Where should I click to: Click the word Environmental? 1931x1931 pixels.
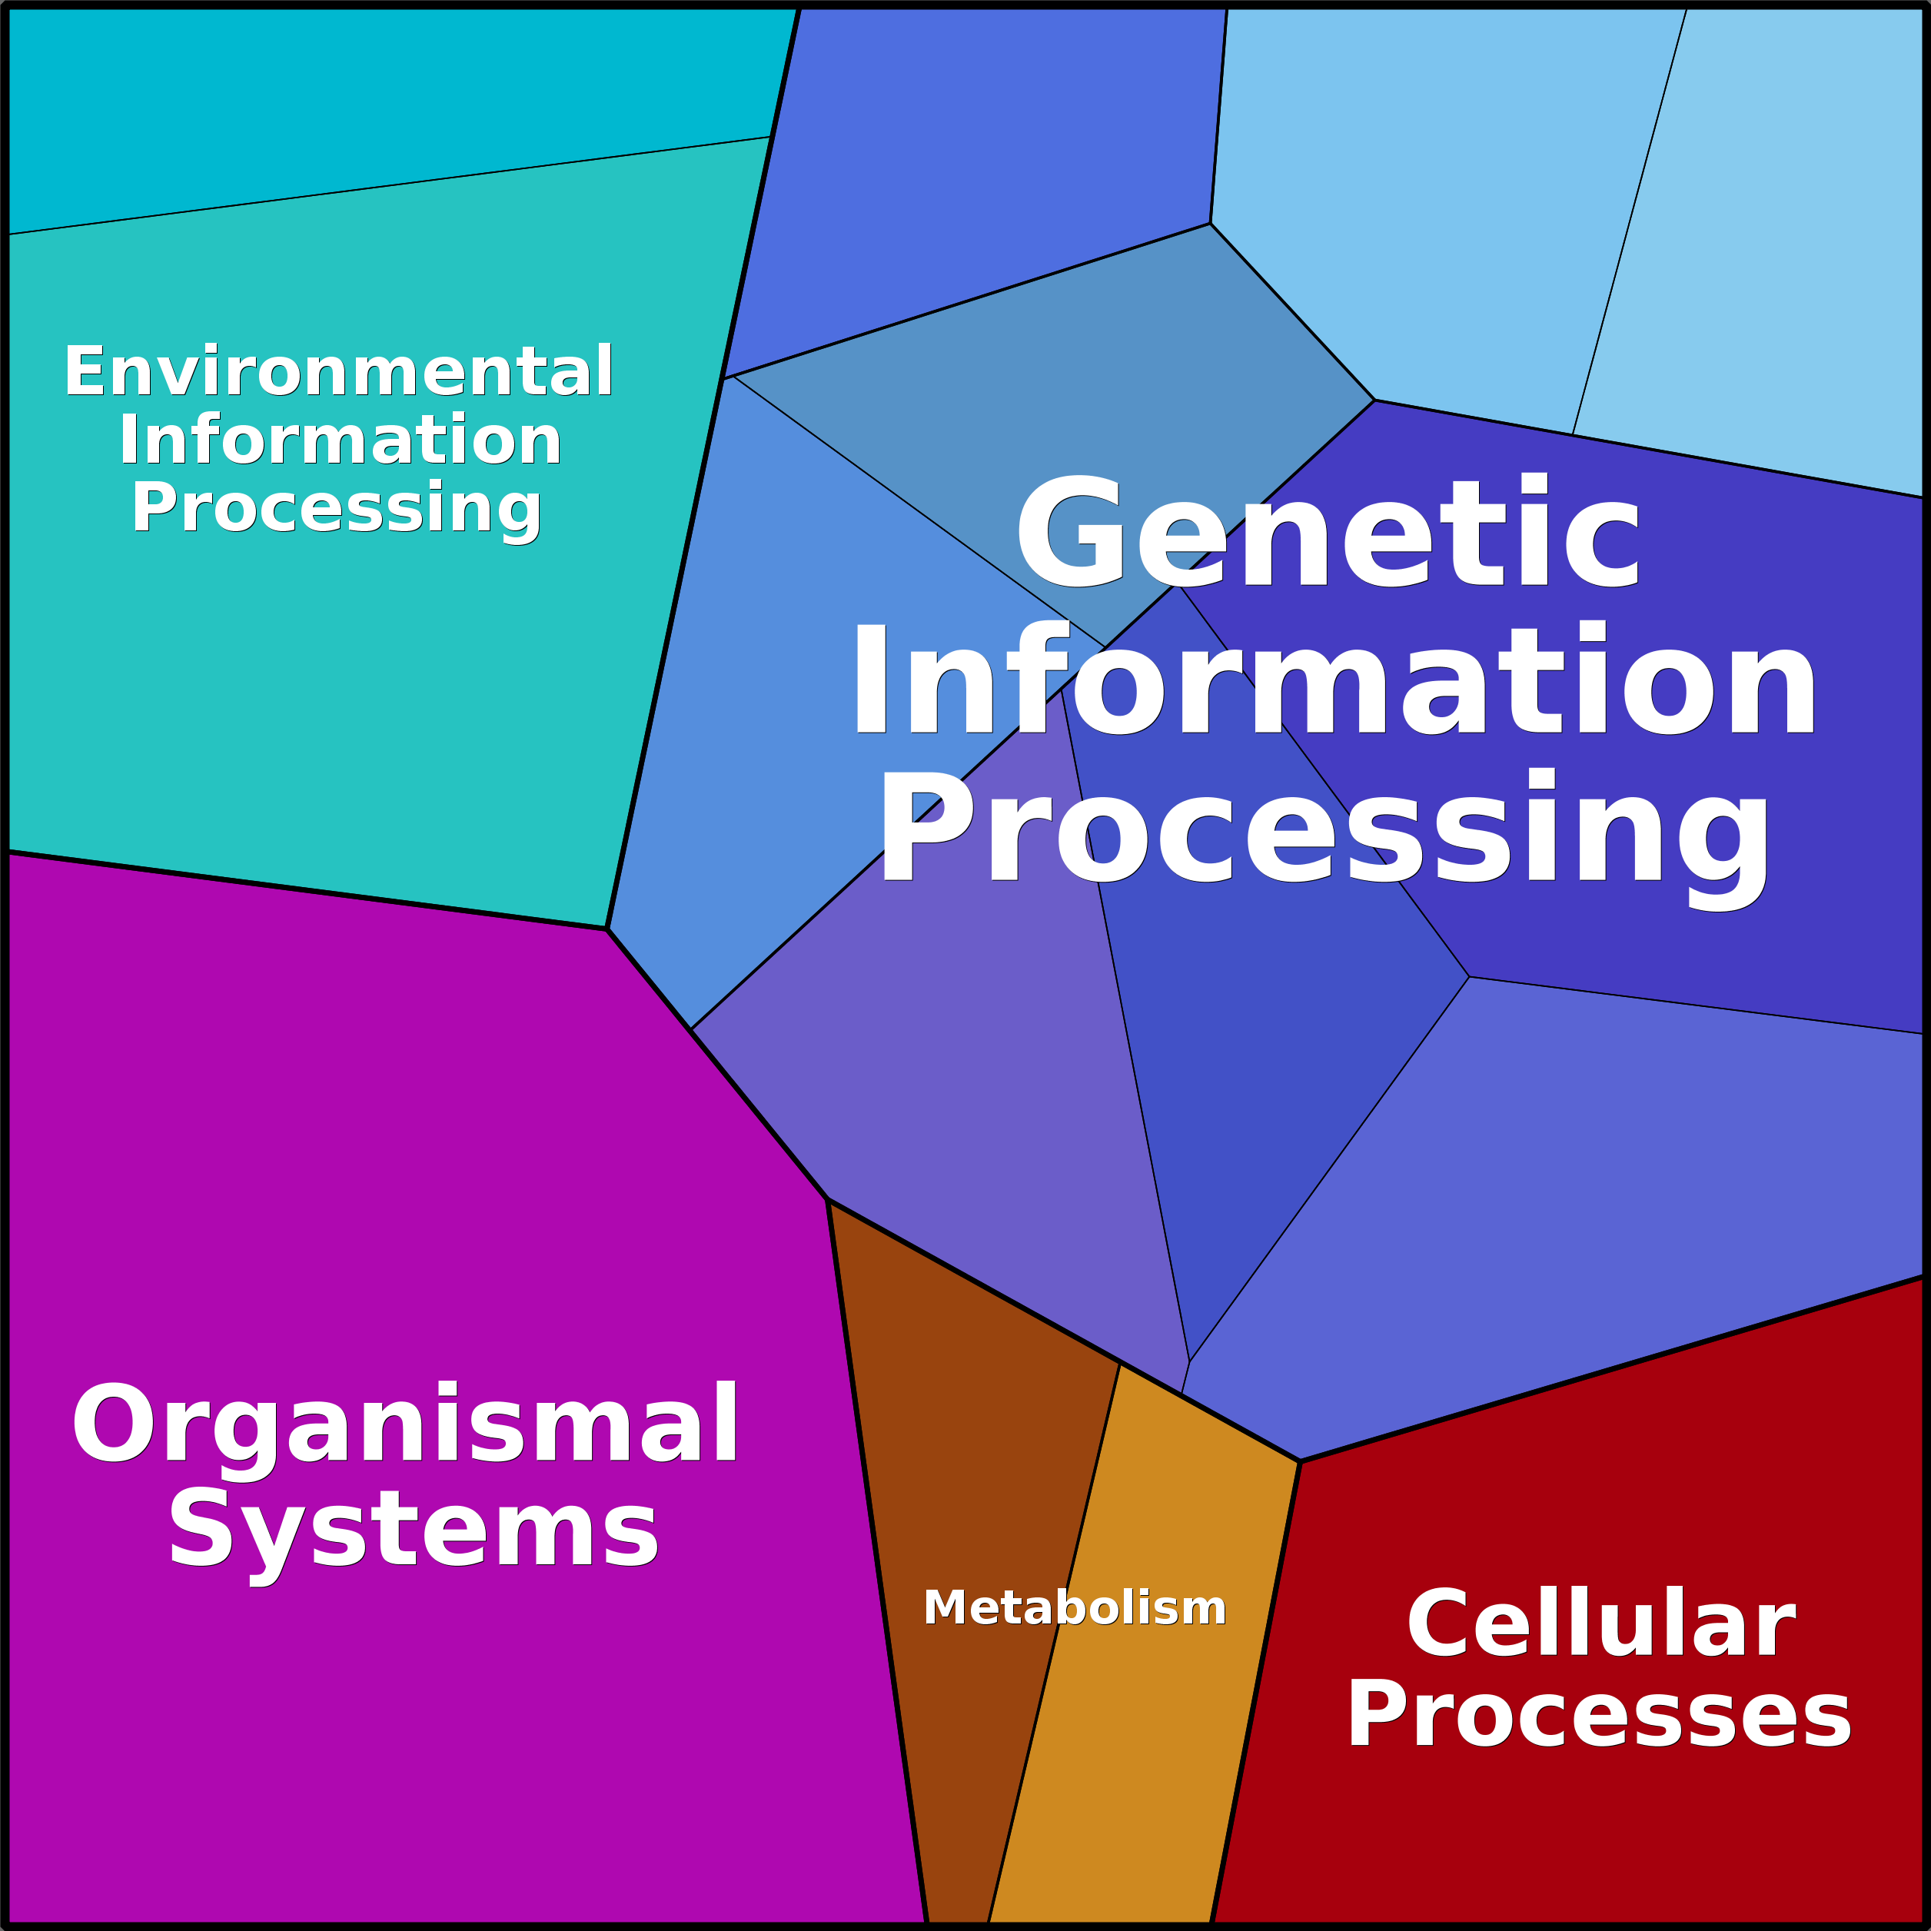(337, 372)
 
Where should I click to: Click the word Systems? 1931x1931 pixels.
(413, 1531)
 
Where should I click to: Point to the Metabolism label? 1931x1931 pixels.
(1075, 1608)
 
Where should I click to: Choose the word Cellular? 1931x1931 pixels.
(1599, 1624)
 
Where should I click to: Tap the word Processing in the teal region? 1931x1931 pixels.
(336, 508)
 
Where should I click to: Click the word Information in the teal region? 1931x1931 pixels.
(340, 440)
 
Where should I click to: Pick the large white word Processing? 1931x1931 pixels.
(1324, 829)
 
